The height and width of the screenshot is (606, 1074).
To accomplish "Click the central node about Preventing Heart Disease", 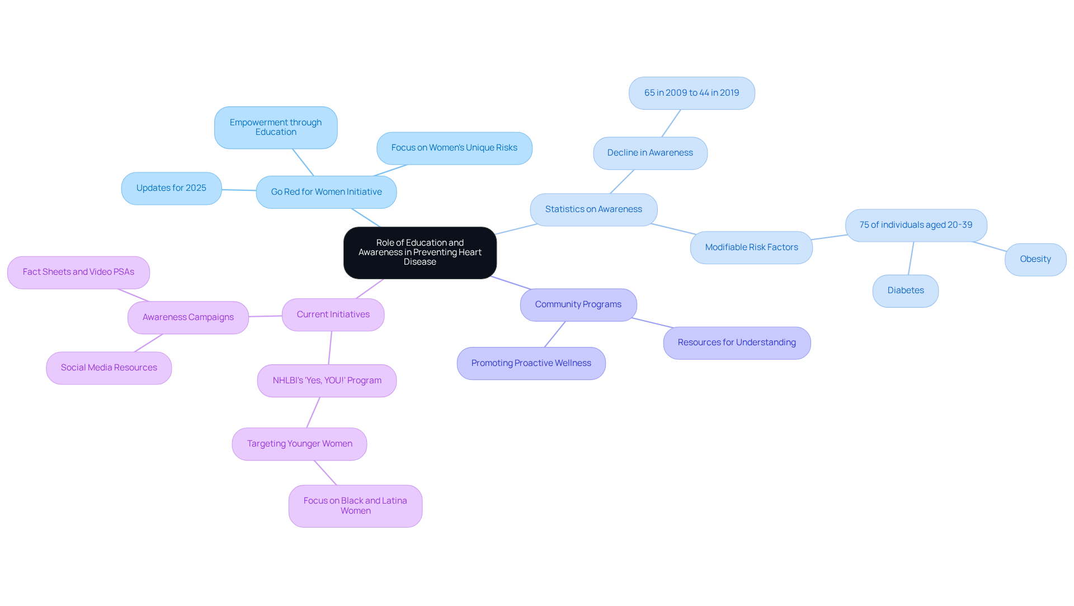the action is [x=420, y=252].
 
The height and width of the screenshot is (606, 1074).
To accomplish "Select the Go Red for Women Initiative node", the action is [x=326, y=192].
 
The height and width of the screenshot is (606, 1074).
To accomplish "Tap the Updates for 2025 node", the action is [x=171, y=188].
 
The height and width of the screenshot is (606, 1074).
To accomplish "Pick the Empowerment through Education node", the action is [x=276, y=128].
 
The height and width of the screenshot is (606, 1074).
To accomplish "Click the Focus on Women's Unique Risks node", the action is [x=454, y=148].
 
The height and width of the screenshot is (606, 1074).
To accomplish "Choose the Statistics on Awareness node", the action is [x=593, y=209].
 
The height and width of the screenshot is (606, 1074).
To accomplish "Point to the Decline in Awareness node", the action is [x=650, y=153].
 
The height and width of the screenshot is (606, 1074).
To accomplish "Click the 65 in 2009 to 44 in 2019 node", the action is [x=691, y=93].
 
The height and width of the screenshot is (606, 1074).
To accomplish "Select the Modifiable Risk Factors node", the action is [x=751, y=247].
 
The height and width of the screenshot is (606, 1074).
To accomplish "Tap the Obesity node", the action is [x=1035, y=259].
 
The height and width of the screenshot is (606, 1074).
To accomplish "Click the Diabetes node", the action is [x=906, y=290].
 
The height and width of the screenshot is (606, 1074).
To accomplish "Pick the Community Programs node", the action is [x=578, y=304].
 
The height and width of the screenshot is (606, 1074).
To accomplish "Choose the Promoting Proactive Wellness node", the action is [x=531, y=363].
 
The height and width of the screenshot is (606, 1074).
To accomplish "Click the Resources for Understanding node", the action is [x=737, y=342].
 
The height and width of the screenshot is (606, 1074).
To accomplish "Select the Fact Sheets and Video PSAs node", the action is [x=78, y=272].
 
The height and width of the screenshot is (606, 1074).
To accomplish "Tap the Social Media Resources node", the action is [x=109, y=368].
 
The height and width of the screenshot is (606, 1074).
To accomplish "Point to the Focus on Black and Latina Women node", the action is [x=355, y=506].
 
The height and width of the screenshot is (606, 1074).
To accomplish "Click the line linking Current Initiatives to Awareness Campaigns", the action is [x=265, y=316].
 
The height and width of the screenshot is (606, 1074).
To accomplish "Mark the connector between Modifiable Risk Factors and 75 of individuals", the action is [x=829, y=237].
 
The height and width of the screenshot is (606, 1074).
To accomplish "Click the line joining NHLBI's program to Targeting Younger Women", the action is [x=313, y=412].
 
